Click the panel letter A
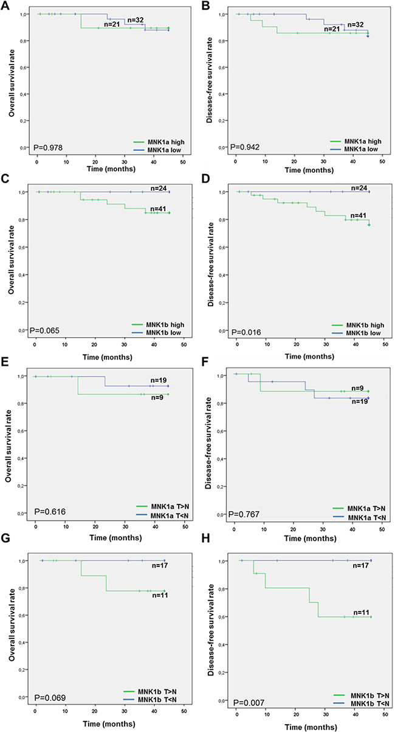[x=4, y=5]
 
